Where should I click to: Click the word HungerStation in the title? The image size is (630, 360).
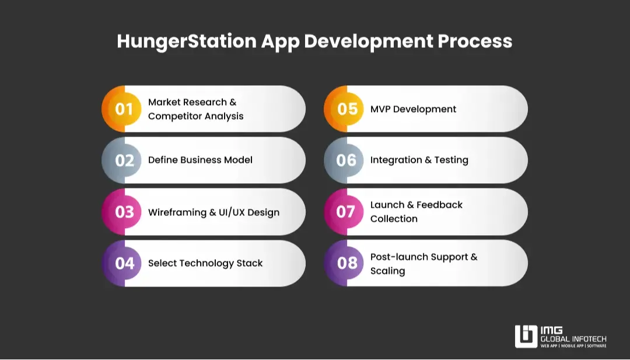pos(186,41)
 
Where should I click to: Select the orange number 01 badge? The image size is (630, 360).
pos(124,109)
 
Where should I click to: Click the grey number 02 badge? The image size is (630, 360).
pos(124,160)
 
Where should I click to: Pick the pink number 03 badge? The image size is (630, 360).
pos(124,212)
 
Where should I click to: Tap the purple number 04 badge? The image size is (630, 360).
pos(124,263)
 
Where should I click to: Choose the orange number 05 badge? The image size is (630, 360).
pos(347,109)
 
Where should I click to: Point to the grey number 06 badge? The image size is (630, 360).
pos(346,160)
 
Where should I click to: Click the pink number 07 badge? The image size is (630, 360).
pos(346,212)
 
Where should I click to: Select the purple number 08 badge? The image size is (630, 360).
pos(347,263)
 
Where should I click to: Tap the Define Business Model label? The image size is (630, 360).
pos(200,160)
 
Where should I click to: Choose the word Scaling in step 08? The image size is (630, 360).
pos(387,271)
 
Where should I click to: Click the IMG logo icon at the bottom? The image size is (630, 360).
pos(526,337)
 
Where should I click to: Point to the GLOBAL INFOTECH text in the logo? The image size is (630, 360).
pos(573,339)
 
